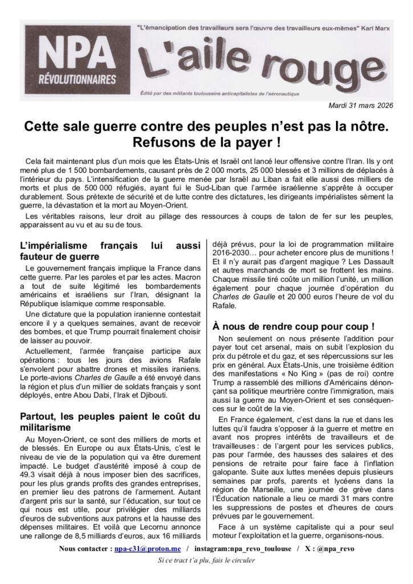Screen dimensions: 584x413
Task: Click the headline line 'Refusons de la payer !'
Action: (206, 140)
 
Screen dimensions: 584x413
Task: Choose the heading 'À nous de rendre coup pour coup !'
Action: (293, 327)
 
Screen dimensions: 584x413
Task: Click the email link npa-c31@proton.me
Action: (147, 549)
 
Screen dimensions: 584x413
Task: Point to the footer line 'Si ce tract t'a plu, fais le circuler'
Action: (206, 560)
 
